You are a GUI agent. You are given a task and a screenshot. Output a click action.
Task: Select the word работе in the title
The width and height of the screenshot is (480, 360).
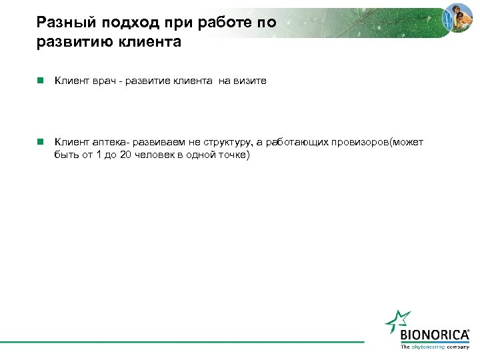click(223, 24)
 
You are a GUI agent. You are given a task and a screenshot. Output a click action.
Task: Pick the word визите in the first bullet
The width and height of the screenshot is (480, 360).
click(251, 81)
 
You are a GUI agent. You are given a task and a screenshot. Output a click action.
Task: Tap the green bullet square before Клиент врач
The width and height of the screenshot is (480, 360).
click(41, 81)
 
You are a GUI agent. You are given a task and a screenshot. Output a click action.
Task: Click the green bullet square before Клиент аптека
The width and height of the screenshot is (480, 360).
click(41, 141)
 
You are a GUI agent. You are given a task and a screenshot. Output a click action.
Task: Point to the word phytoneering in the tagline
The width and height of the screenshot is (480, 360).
click(428, 347)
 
